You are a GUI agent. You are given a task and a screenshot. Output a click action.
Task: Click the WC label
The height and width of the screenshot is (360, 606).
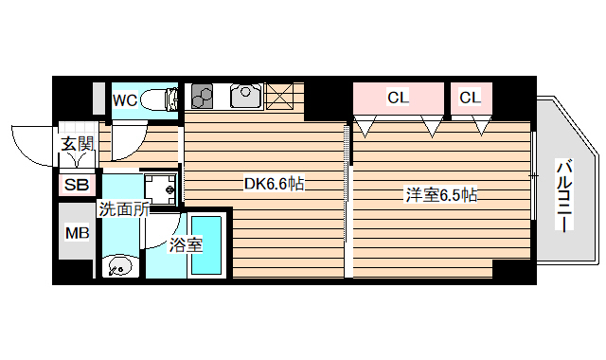click(x=125, y=99)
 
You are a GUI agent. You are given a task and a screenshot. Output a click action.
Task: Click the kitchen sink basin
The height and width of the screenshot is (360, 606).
click(x=245, y=96)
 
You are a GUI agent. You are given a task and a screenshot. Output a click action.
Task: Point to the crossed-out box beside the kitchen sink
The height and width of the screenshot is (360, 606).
click(x=279, y=96)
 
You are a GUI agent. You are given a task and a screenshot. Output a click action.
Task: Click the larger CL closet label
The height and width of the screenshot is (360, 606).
click(x=398, y=97)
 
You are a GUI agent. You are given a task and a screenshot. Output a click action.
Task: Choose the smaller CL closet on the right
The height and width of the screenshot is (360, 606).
click(x=471, y=97)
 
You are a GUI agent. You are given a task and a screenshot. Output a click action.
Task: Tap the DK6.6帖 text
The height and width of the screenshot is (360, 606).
click(x=274, y=184)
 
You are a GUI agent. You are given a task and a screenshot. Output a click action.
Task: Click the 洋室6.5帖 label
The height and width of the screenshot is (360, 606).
click(x=440, y=196)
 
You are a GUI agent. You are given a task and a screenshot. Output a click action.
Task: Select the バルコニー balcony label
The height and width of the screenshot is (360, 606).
click(x=563, y=197)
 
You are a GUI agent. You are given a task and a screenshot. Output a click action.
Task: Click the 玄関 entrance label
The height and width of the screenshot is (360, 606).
click(x=78, y=144)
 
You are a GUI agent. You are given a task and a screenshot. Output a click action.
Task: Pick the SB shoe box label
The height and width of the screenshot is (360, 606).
click(x=76, y=185)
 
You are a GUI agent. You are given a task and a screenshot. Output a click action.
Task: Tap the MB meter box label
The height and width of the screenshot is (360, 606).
click(x=76, y=233)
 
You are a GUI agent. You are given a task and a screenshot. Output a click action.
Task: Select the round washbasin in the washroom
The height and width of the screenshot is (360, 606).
click(x=120, y=264)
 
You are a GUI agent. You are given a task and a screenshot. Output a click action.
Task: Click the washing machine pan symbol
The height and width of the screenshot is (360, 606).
click(x=162, y=188)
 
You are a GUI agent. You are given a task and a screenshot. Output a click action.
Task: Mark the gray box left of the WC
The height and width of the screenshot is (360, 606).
click(x=98, y=99)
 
